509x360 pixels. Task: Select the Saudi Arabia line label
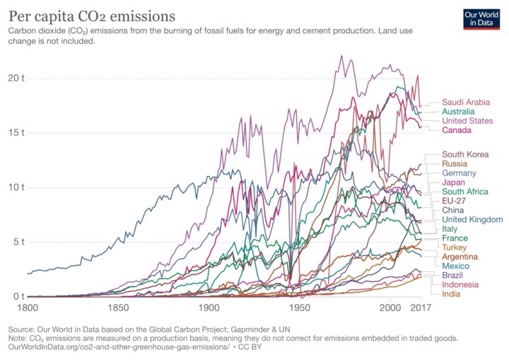click(x=466, y=102)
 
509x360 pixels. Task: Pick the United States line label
click(x=467, y=120)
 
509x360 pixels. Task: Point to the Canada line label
click(x=457, y=130)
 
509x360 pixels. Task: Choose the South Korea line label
click(x=465, y=154)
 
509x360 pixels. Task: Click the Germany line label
click(x=460, y=173)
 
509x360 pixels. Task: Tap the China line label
click(x=453, y=210)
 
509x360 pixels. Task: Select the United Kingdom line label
click(x=472, y=219)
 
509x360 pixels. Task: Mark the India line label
click(x=452, y=294)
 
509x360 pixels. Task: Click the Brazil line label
click(x=453, y=274)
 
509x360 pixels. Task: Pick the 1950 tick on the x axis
click(x=300, y=309)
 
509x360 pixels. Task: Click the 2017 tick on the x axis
click(x=421, y=309)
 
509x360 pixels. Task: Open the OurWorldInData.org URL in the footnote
click(x=120, y=347)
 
